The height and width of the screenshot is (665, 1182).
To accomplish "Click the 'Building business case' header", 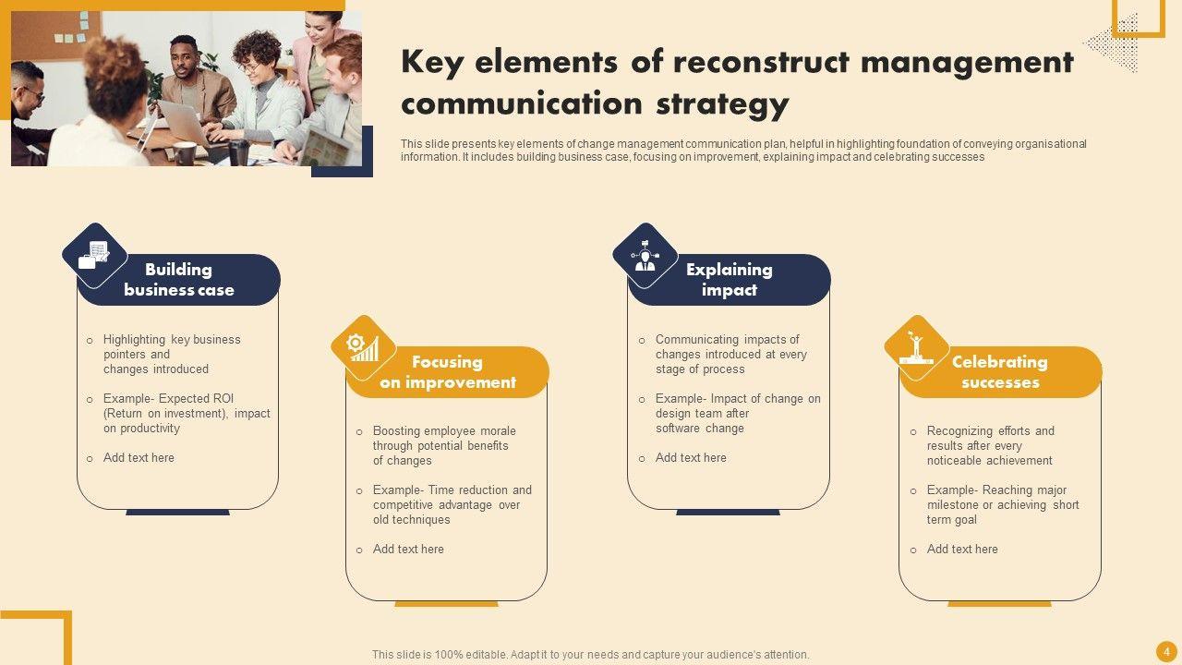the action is point(179,280).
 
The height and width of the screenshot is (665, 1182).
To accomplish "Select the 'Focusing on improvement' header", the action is point(448,372).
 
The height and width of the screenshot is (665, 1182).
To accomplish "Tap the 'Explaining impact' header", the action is point(730,280).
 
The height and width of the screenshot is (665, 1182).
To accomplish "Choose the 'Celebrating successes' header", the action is point(1000,372).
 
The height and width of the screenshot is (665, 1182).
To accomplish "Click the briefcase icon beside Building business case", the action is point(94,255).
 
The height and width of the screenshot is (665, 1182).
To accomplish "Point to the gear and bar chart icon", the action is point(363,347).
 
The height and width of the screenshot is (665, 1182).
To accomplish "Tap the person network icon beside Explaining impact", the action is point(645,256).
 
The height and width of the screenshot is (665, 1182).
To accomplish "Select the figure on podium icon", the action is point(916,347).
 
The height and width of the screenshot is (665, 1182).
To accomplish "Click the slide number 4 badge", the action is point(1166,652).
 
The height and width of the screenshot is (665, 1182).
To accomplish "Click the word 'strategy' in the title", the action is point(722,104).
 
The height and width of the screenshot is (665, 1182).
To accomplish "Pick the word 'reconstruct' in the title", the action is point(762,62).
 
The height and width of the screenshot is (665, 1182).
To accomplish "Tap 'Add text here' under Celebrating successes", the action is point(962,549).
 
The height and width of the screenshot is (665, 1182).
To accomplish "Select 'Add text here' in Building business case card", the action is point(139,457).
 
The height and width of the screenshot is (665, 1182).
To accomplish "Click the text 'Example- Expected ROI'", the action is point(168,398).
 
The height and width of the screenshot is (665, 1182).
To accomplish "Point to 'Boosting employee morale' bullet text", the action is point(444,430).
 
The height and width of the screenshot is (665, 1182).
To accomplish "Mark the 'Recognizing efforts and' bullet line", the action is point(991,430).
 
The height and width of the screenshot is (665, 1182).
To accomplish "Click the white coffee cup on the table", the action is point(184,152).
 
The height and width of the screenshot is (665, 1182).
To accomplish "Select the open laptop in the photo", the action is point(182,123).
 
